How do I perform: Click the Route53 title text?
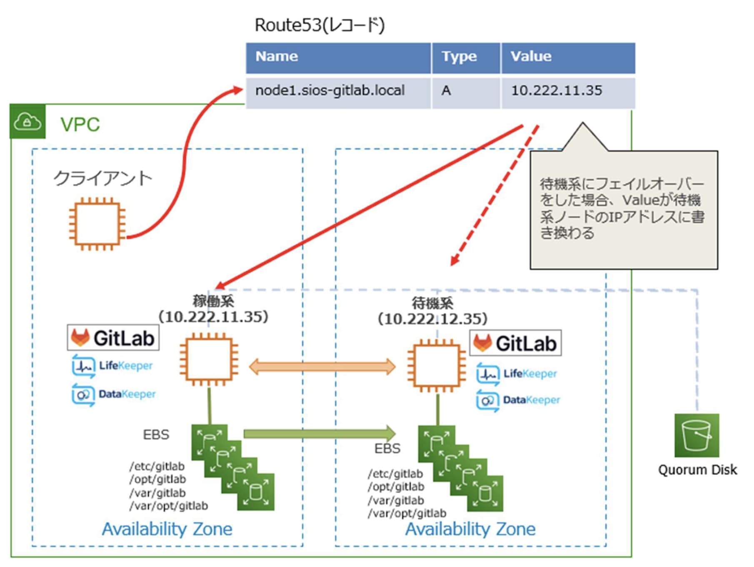click(319, 25)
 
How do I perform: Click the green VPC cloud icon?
click(27, 122)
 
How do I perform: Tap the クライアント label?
click(102, 178)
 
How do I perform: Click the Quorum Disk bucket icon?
click(697, 436)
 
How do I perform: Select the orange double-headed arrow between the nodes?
click(322, 367)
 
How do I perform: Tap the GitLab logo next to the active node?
click(113, 338)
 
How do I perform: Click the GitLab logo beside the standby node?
click(515, 343)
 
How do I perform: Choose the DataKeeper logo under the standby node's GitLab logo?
click(518, 400)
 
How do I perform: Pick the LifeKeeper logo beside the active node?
click(112, 366)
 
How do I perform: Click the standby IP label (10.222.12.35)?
click(432, 319)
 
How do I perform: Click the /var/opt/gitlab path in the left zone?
click(169, 506)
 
